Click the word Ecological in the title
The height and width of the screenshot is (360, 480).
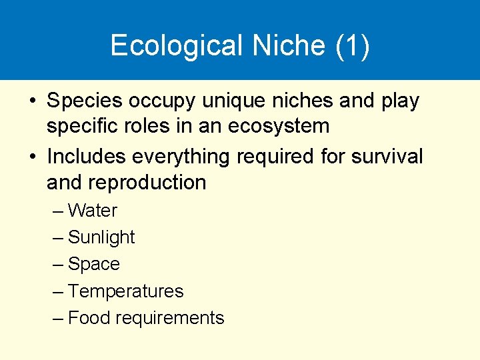click(x=177, y=46)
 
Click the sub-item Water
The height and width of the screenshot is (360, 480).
click(x=93, y=211)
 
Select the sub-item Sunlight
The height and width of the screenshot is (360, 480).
click(x=101, y=237)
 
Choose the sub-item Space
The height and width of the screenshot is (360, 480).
click(x=94, y=264)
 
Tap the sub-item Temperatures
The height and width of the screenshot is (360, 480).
click(x=125, y=291)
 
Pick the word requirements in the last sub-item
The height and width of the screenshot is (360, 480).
click(x=170, y=319)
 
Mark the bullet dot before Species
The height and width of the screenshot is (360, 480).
click(x=33, y=102)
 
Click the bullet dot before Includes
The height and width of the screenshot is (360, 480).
click(x=33, y=157)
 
